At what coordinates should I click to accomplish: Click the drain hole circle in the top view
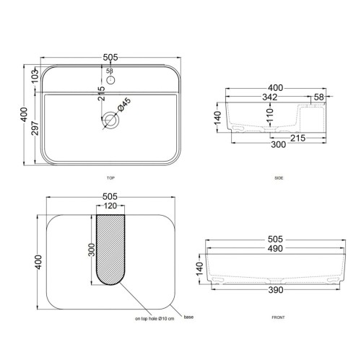click(x=110, y=120)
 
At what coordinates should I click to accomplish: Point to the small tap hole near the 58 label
click(x=110, y=80)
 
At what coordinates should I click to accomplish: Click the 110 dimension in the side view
click(x=271, y=115)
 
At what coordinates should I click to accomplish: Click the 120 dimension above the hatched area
click(x=110, y=206)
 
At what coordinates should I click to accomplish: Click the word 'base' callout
click(x=188, y=316)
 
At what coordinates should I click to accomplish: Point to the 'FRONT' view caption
click(x=279, y=318)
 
